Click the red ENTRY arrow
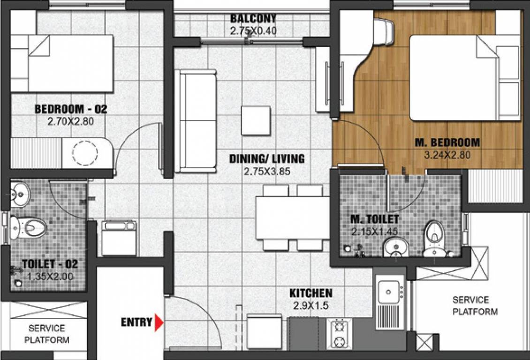(159, 322)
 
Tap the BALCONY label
(253, 19)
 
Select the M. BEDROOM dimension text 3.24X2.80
(447, 154)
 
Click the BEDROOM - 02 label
(71, 110)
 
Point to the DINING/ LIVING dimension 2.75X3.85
(266, 172)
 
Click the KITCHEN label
(310, 293)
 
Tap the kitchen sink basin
(388, 292)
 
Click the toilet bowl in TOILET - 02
(29, 227)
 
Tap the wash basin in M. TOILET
(395, 246)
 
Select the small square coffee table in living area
(256, 120)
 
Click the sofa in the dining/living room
(196, 120)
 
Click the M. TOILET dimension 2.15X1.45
(375, 231)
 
